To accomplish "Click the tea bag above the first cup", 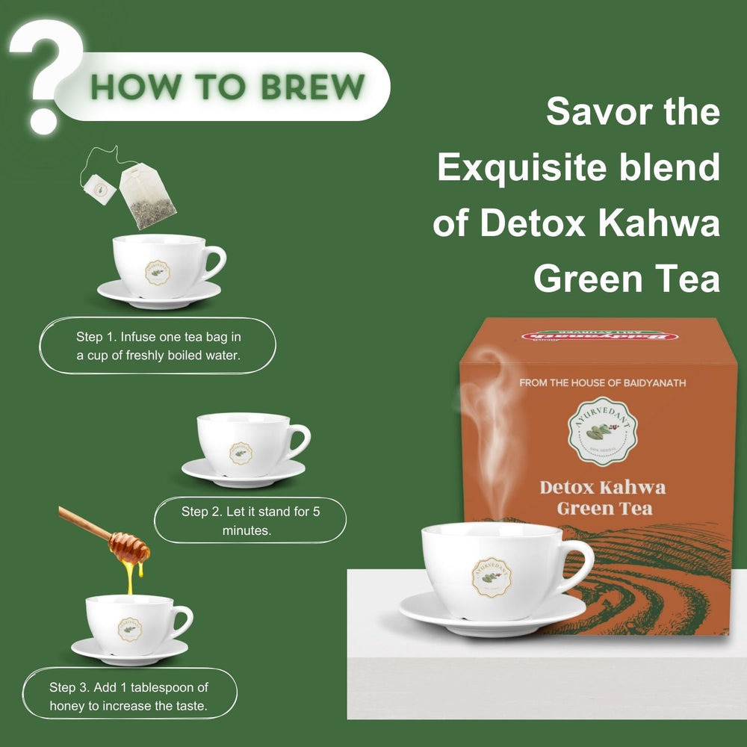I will coord(147,196).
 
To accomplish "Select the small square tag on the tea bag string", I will coord(99,189).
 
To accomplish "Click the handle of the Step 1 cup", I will coord(214,262).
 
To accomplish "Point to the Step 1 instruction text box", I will coord(158,346).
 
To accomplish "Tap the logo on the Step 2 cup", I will coord(241,452).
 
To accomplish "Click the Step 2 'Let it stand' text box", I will coord(250,520).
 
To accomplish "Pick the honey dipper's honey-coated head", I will coord(129,548).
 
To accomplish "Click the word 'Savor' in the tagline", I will coord(590,112).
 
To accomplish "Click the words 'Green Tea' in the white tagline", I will coord(626,279).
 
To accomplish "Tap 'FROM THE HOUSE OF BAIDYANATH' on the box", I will coord(602,383).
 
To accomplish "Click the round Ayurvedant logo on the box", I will coord(602,432).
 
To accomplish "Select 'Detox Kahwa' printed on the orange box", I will coord(602,488).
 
